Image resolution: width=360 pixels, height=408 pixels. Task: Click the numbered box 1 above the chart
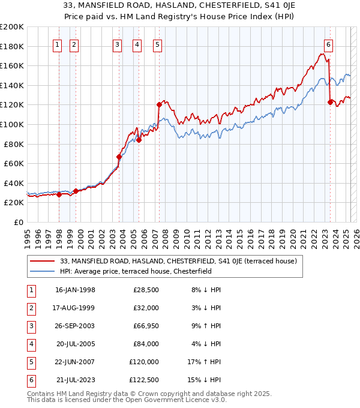[56, 44]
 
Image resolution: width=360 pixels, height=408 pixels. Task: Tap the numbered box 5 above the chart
[157, 44]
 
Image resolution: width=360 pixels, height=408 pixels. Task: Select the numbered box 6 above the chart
[329, 44]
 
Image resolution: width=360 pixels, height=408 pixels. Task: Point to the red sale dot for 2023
[330, 102]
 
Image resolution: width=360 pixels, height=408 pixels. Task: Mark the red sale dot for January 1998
[59, 194]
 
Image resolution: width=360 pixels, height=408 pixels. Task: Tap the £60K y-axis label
[14, 163]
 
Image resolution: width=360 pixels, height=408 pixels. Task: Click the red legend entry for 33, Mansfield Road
[174, 261]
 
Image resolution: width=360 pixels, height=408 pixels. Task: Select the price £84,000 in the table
[146, 344]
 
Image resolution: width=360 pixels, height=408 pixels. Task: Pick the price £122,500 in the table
[144, 380]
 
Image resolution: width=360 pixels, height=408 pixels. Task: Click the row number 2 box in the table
[31, 308]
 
